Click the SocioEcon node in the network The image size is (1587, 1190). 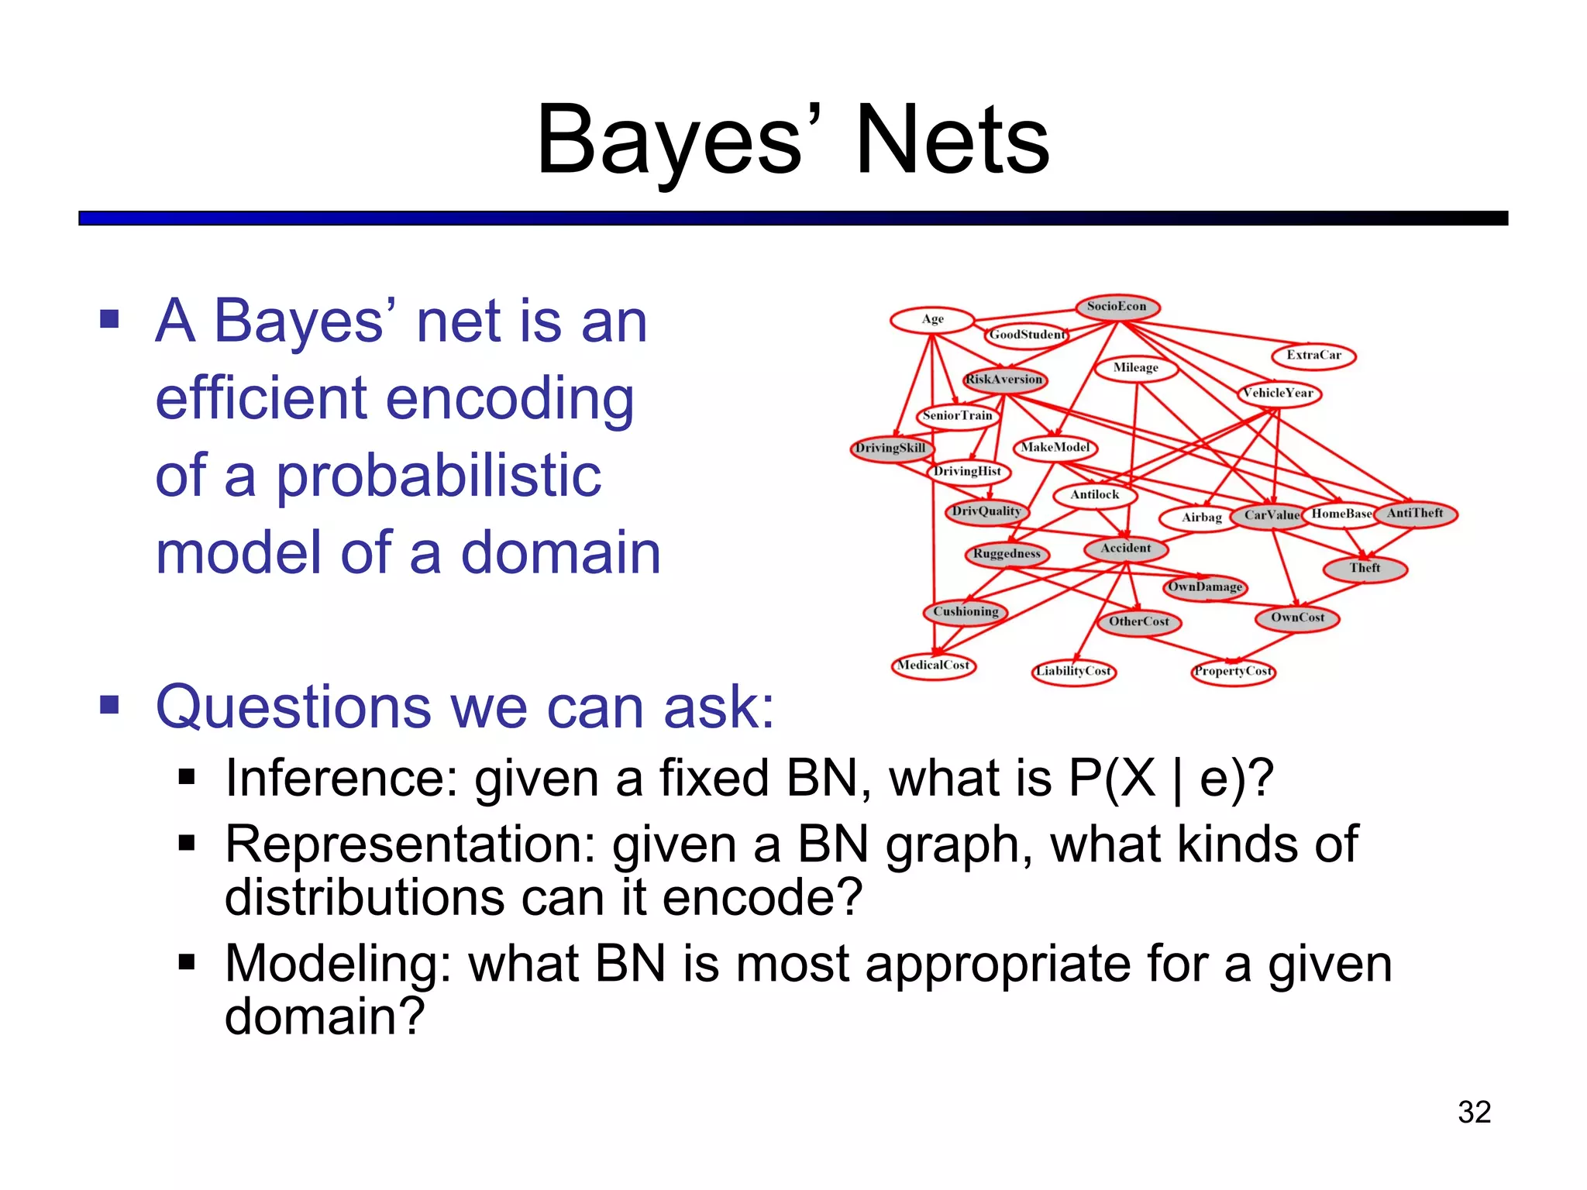[1117, 307]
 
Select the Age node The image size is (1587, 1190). [932, 319]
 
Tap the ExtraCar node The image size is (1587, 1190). [1313, 356]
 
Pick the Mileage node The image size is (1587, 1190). [1136, 368]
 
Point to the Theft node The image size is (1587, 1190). [1365, 569]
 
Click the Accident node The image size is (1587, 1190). [1126, 549]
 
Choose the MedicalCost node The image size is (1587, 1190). [934, 666]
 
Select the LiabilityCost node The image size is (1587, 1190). [1074, 672]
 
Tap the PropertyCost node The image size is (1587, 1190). [1233, 672]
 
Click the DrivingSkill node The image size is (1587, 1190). [891, 449]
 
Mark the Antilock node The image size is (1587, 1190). [1095, 495]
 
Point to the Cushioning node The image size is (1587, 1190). [966, 612]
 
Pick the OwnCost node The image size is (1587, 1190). [1298, 618]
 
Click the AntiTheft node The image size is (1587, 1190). [1415, 514]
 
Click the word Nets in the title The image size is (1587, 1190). [952, 141]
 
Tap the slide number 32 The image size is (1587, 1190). [1474, 1113]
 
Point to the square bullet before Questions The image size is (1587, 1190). [109, 705]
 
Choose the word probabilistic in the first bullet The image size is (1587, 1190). [439, 476]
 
